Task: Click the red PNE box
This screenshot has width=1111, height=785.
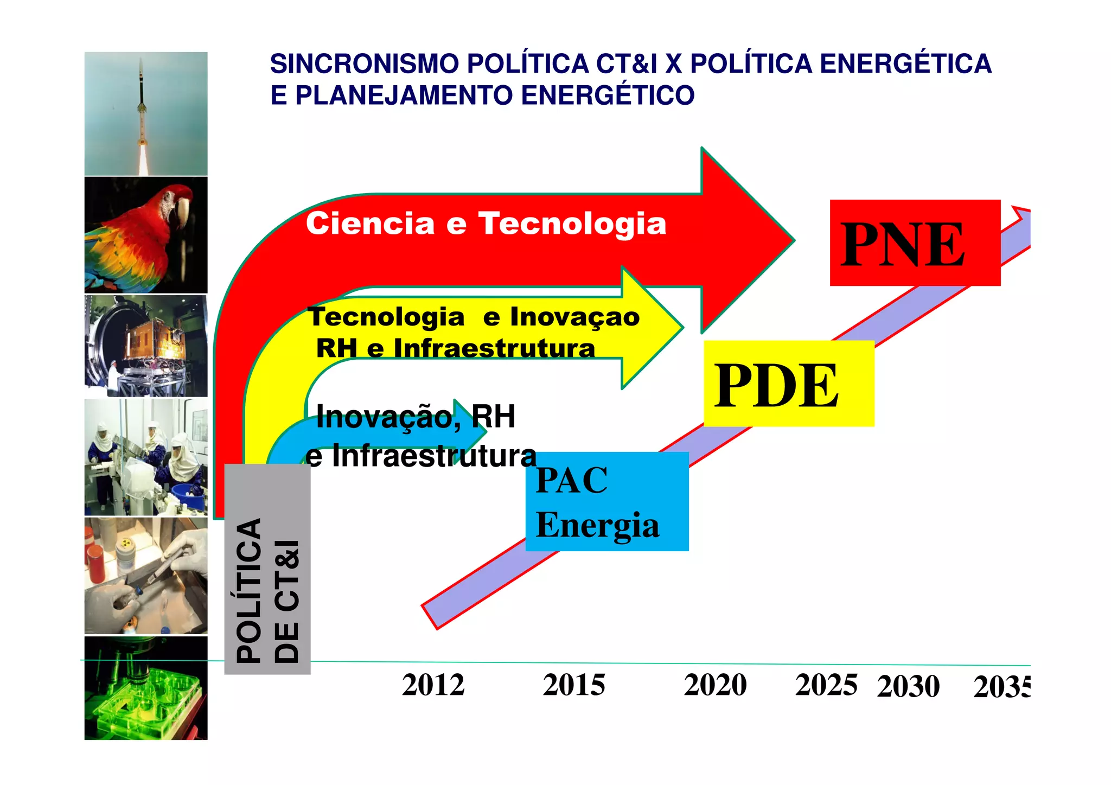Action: coord(915,242)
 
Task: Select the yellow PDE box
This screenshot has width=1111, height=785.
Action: coord(788,384)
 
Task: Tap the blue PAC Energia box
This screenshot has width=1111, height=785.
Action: coord(606,501)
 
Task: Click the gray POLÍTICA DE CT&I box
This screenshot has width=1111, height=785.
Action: coord(267,570)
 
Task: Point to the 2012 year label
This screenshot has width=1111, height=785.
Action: coord(433,685)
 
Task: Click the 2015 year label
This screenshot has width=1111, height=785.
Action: coord(574,685)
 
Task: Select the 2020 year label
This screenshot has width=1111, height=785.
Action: coord(715,685)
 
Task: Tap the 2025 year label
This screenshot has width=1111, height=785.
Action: coord(826,685)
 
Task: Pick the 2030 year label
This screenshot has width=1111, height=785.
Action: coord(908,687)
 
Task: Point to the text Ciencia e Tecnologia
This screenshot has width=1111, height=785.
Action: coord(486,224)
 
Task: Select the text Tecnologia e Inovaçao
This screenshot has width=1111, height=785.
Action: coord(473,317)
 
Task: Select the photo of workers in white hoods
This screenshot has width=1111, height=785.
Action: coord(145,457)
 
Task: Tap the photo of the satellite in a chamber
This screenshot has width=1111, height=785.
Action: coord(145,346)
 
